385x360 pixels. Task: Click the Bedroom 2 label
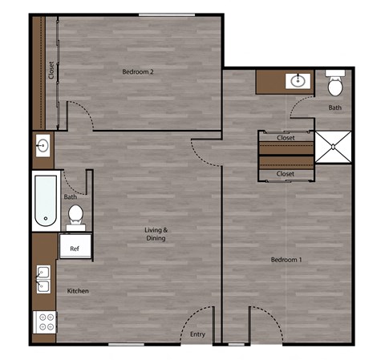pyautogui.click(x=138, y=72)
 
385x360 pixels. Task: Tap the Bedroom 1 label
pyautogui.click(x=286, y=261)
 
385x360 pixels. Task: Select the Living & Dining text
pyautogui.click(x=156, y=234)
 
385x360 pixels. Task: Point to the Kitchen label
pyautogui.click(x=78, y=290)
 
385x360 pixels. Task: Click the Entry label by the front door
pyautogui.click(x=197, y=334)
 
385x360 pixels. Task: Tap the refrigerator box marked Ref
pyautogui.click(x=75, y=249)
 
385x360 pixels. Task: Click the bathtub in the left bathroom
pyautogui.click(x=45, y=200)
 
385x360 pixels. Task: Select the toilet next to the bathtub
pyautogui.click(x=75, y=214)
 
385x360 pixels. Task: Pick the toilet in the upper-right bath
pyautogui.click(x=335, y=83)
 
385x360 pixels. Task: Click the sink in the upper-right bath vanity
pyautogui.click(x=298, y=80)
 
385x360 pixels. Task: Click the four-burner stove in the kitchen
pyautogui.click(x=45, y=322)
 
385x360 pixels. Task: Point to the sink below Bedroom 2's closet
pyautogui.click(x=43, y=147)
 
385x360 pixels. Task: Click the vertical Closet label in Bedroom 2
pyautogui.click(x=51, y=72)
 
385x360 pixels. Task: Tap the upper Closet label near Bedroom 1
pyautogui.click(x=286, y=138)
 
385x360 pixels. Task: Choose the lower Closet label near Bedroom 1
pyautogui.click(x=286, y=174)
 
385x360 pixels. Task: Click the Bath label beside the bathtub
pyautogui.click(x=71, y=197)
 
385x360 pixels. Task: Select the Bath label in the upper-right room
pyautogui.click(x=334, y=107)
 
